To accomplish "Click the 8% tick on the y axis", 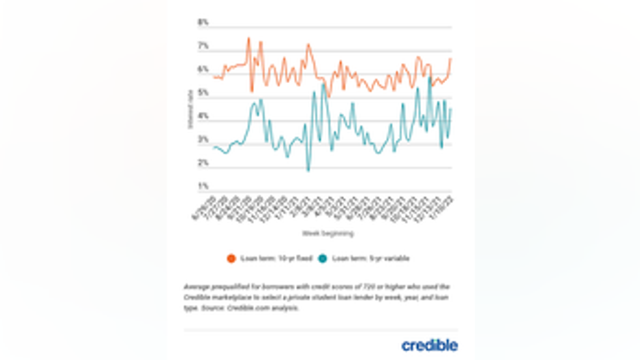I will (203, 23).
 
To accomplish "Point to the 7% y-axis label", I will (203, 47).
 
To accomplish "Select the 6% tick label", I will (203, 69).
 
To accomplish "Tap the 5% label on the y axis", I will (203, 93).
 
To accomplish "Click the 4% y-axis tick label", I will (203, 116).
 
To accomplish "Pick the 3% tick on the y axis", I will (203, 139).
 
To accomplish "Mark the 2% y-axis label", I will (203, 163).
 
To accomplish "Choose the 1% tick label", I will (203, 186).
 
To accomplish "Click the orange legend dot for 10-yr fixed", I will (231, 258).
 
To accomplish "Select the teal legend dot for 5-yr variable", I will (323, 258).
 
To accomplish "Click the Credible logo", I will (430, 344).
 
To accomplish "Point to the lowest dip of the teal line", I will (308, 170).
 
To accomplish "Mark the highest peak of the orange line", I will (249, 38).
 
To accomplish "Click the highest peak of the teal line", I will (430, 78).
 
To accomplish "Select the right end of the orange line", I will (451, 58).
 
